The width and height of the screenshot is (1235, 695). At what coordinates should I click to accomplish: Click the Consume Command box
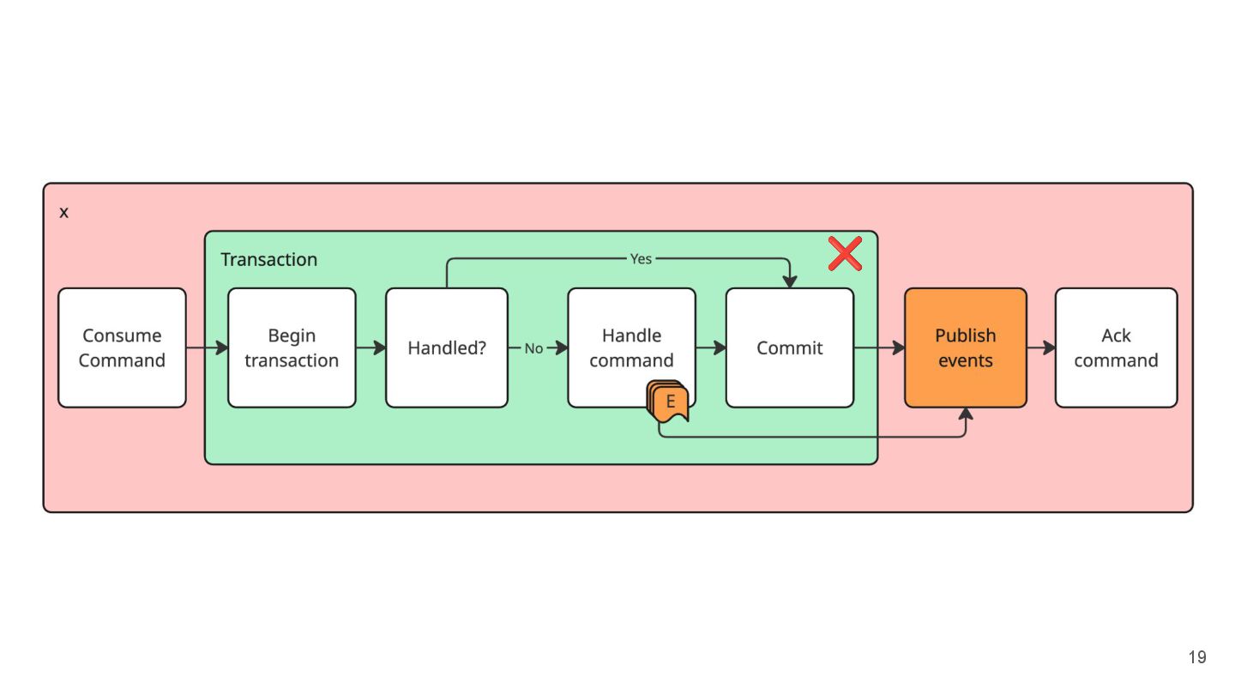[122, 347]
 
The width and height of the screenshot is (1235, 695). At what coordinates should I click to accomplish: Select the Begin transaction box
[292, 347]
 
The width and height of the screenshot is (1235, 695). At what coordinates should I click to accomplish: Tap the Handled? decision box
[447, 347]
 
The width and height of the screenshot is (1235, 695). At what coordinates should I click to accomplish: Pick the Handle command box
[631, 347]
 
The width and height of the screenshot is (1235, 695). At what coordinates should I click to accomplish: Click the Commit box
[790, 347]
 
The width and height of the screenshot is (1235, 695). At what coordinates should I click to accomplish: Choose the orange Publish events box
[966, 347]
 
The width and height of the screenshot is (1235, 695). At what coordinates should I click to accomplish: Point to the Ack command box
[1116, 347]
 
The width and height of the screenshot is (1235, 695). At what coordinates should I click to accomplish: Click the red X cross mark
[846, 254]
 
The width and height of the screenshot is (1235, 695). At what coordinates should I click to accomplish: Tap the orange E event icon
[667, 401]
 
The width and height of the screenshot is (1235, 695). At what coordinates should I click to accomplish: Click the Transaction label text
[269, 259]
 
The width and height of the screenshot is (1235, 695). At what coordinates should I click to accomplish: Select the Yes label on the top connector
[641, 259]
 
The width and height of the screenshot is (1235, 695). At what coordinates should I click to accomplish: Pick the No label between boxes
[533, 348]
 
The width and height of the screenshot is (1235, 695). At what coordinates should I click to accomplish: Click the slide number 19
[1197, 657]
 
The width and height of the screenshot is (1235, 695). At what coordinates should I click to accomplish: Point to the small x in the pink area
[64, 213]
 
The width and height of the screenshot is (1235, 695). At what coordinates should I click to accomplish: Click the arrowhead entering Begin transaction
[221, 347]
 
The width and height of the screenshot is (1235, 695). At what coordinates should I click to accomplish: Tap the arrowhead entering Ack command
[1049, 347]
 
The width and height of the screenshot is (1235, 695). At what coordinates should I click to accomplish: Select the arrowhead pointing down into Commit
[790, 281]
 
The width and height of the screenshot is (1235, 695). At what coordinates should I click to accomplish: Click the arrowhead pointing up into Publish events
[966, 414]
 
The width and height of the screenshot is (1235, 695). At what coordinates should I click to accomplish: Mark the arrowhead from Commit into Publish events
[899, 347]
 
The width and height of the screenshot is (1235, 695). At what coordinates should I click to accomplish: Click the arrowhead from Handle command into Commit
[720, 347]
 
